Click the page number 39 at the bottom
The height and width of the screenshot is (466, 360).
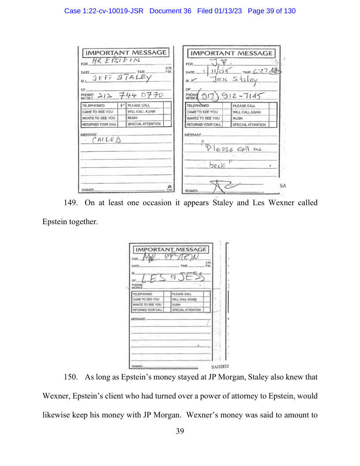[180, 431]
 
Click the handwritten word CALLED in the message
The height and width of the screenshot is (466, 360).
[106, 140]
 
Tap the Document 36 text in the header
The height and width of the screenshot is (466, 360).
[170, 11]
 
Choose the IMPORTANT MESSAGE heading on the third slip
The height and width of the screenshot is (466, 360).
[171, 250]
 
